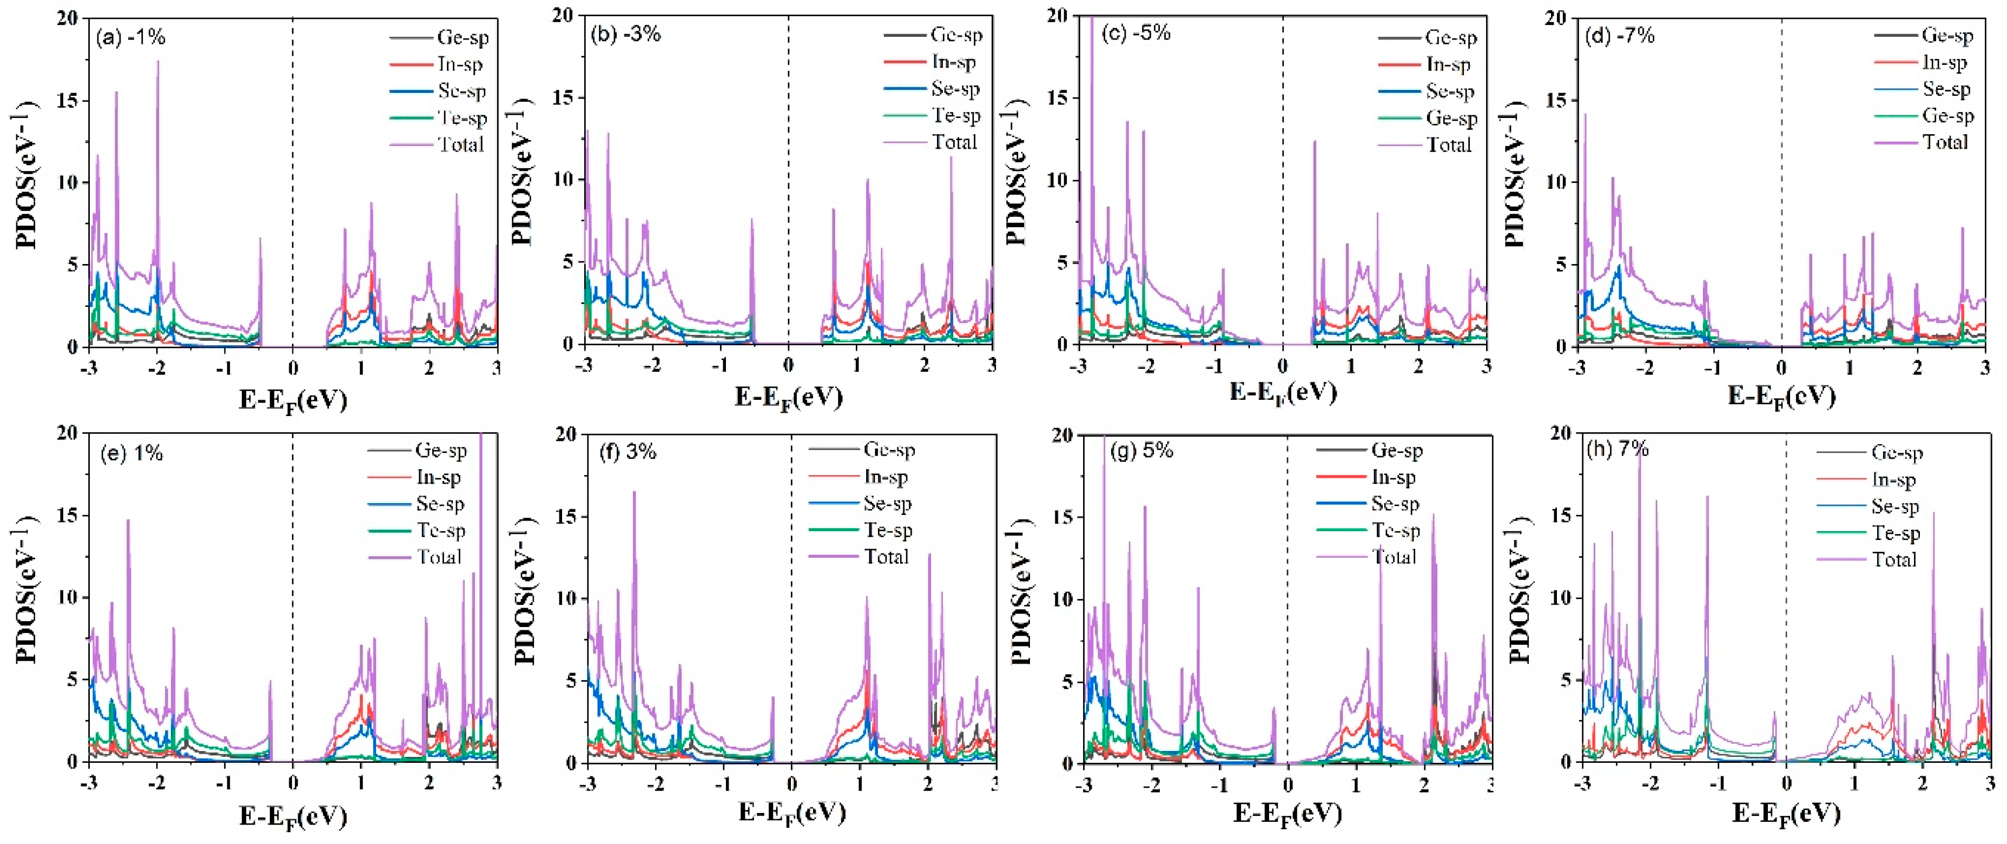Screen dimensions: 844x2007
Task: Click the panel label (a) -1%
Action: pyautogui.click(x=130, y=37)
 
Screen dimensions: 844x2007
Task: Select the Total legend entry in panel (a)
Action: pyautogui.click(x=460, y=144)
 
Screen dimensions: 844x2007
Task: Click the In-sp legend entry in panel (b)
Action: pyautogui.click(x=953, y=62)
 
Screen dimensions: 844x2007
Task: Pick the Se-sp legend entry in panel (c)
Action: pyautogui.click(x=1449, y=91)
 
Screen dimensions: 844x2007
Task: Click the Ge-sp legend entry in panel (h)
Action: pyautogui.click(x=1896, y=453)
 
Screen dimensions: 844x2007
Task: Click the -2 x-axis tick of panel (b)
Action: pyautogui.click(x=652, y=365)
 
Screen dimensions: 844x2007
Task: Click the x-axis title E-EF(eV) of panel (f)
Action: pyautogui.click(x=791, y=813)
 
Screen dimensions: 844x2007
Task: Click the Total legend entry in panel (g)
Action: pyautogui.click(x=1393, y=556)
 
